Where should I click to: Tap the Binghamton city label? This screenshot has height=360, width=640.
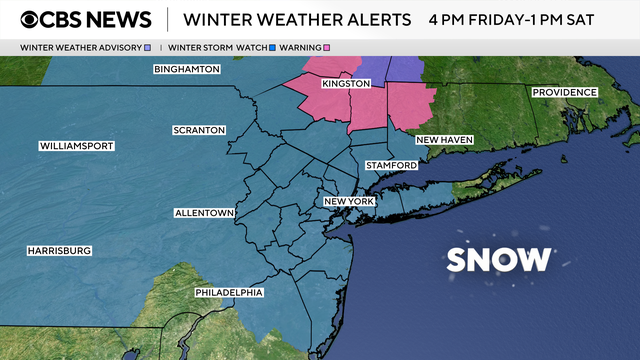point(185,69)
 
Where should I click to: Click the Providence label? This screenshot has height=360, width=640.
point(564,92)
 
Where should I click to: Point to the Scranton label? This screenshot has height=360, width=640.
point(200,130)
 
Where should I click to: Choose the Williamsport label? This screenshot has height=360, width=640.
point(77,146)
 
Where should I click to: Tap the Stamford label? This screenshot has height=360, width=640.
point(391,165)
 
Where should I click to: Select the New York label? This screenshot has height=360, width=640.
point(348,202)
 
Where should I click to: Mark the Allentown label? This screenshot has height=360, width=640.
point(204,213)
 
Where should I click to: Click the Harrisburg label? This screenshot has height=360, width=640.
point(59,250)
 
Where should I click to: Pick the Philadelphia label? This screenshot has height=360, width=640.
point(229,292)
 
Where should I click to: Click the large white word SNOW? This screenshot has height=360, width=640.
point(499,260)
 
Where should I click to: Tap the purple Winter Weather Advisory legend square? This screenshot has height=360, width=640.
point(148,47)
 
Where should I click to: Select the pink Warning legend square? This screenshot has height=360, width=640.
point(325,47)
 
